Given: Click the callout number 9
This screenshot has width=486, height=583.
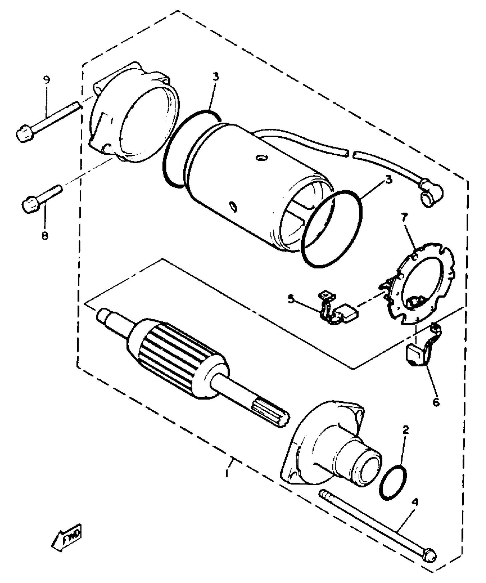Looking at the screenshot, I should pos(47,80).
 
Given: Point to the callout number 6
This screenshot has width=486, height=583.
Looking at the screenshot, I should pos(436,402).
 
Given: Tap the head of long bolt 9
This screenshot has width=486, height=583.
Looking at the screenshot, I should pos(24,134).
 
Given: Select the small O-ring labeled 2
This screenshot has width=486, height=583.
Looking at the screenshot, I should pos(394,483).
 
